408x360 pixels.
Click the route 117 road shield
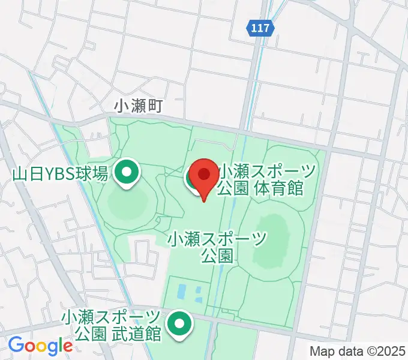click(260, 28)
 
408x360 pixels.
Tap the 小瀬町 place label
click(140, 106)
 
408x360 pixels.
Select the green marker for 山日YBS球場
click(127, 174)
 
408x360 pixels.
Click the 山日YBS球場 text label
click(60, 175)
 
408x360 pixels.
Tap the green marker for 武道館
click(179, 325)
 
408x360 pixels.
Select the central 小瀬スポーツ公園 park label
click(217, 247)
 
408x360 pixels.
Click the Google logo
click(40, 346)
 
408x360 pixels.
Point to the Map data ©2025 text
click(358, 351)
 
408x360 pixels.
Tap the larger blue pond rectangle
click(182, 292)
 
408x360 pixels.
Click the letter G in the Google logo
click(16, 346)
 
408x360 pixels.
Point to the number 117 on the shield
click(260, 28)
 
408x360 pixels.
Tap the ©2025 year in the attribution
click(383, 351)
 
